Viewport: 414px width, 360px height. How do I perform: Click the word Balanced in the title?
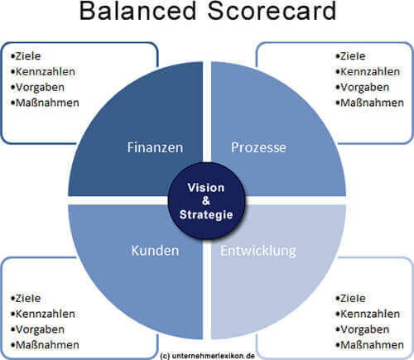[138, 11]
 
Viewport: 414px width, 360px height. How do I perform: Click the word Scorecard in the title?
[272, 11]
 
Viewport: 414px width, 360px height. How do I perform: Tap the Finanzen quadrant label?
[155, 147]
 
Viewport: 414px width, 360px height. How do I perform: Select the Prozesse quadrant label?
[258, 147]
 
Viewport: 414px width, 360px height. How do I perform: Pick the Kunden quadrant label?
[155, 251]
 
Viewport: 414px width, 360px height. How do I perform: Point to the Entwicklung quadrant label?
[258, 252]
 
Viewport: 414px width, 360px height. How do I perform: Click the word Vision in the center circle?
[206, 188]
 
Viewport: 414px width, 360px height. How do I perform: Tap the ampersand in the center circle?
[206, 201]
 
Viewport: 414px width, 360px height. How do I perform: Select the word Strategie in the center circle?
[206, 215]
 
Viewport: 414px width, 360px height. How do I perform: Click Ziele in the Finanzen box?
[28, 56]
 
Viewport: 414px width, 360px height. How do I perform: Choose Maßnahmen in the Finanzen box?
[47, 103]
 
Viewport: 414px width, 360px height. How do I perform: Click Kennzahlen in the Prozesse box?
[370, 72]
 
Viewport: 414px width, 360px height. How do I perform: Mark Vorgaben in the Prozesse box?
[364, 88]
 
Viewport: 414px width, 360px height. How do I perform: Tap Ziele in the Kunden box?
[28, 298]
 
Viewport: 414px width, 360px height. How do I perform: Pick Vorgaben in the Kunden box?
[40, 329]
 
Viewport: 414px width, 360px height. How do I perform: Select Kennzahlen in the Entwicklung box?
[370, 314]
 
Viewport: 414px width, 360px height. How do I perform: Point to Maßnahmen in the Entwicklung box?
[372, 345]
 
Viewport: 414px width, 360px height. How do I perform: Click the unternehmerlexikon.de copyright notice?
[207, 356]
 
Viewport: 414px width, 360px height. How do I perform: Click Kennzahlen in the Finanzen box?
[45, 72]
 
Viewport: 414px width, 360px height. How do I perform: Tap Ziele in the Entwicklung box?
[353, 298]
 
